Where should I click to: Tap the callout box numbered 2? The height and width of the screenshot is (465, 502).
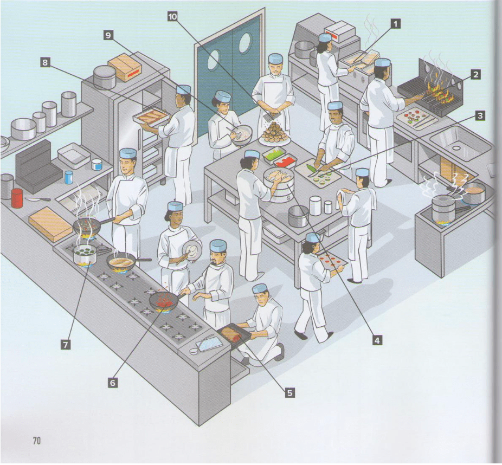(475, 74)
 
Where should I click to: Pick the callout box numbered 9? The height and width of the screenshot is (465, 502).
(109, 35)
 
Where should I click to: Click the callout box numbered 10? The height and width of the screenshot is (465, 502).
(172, 17)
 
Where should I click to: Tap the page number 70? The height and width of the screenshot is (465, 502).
(36, 440)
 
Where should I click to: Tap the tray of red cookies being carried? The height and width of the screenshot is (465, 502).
(331, 261)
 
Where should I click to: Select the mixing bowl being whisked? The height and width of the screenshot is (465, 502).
(242, 132)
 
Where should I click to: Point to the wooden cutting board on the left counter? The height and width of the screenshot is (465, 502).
(50, 223)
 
